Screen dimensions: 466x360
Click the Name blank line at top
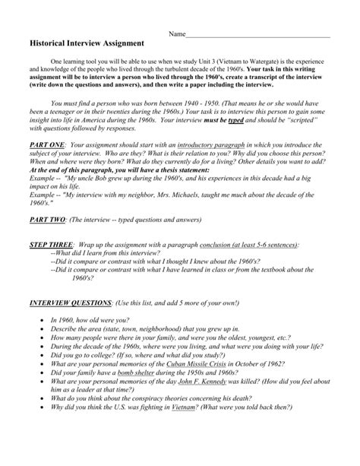click(257, 34)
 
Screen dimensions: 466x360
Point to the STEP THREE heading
click(53, 268)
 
